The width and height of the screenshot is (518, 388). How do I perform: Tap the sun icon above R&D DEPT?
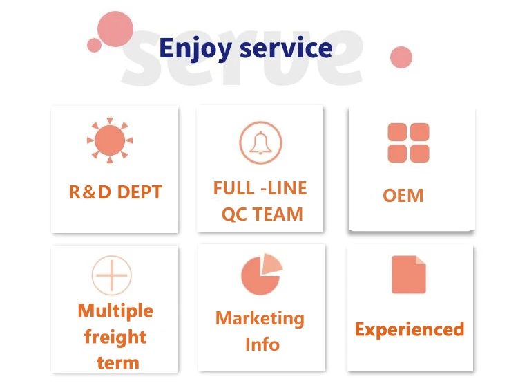coord(110,141)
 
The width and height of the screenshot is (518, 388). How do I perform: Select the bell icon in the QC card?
coord(260,142)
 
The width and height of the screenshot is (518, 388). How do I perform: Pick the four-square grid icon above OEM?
coord(408,143)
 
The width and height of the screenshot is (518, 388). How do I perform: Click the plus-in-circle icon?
coord(111,274)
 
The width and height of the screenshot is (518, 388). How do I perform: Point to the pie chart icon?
coord(261,274)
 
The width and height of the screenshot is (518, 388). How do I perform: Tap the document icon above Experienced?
coord(408,275)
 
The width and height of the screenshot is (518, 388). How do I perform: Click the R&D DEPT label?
coord(115,192)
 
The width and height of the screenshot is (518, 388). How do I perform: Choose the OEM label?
coord(403,195)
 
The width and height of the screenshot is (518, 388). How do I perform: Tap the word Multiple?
coord(115,311)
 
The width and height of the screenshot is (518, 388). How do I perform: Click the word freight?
coord(115,337)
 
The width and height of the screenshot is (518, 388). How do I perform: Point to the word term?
coord(117,362)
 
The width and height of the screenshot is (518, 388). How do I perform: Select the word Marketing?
coord(260,318)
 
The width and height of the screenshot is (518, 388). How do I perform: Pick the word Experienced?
coord(409,329)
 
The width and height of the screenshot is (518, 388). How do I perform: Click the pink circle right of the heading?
coord(401,57)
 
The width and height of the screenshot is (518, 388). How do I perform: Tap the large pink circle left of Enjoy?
coord(115,29)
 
